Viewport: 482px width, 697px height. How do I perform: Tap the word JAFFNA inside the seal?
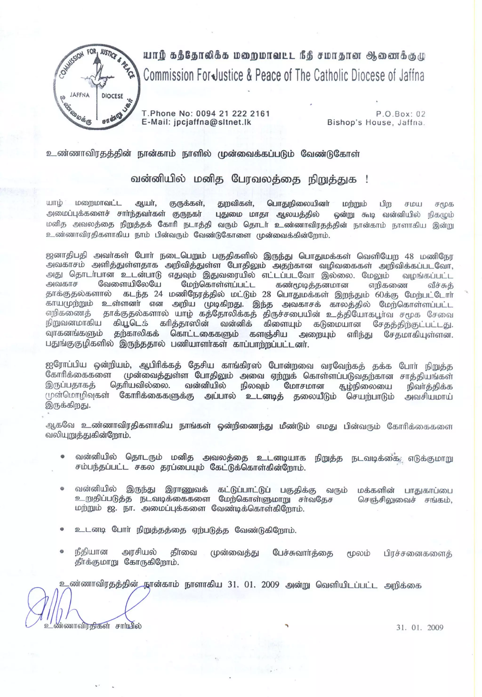tap(80, 95)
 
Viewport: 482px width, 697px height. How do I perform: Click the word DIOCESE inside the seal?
tap(112, 96)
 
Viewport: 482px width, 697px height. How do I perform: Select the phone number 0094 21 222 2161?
tap(233, 113)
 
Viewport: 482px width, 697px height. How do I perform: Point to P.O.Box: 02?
tap(401, 114)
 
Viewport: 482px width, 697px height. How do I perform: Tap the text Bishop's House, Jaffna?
tap(376, 122)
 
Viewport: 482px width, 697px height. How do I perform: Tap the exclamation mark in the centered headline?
tap(367, 179)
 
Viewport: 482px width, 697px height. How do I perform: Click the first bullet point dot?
tap(63, 458)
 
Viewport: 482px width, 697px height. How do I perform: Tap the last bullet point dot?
tap(63, 551)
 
